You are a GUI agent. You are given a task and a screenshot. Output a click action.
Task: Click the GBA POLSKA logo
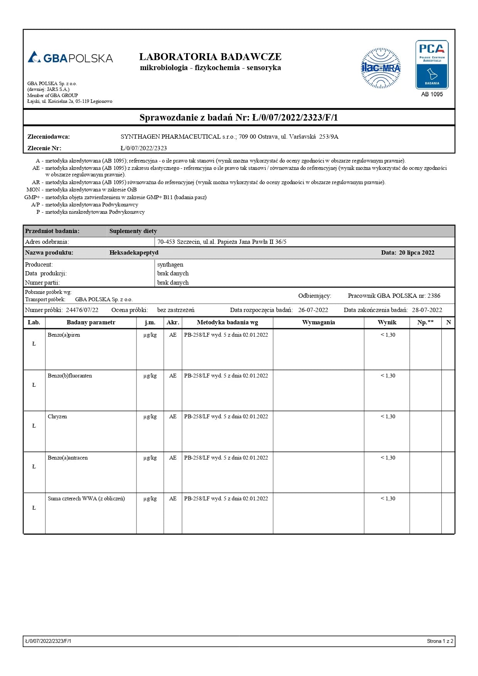pyautogui.click(x=70, y=58)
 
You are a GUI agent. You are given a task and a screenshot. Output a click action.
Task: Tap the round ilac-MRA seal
pyautogui.click(x=380, y=68)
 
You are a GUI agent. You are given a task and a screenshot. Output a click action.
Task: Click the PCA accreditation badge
pyautogui.click(x=432, y=64)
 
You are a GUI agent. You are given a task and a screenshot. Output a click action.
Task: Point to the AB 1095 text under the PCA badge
pyautogui.click(x=432, y=94)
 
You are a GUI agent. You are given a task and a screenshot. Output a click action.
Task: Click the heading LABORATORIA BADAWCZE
pyautogui.click(x=210, y=57)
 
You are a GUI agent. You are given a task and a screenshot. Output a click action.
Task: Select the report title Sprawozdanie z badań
pyautogui.click(x=239, y=117)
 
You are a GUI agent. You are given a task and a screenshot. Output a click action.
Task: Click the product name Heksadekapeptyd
pyautogui.click(x=134, y=253)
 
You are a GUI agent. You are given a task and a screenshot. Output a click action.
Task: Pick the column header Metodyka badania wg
pyautogui.click(x=227, y=322)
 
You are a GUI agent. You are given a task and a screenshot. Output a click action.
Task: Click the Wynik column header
pyautogui.click(x=387, y=322)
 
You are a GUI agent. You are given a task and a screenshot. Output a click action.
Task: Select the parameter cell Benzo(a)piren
pyautogui.click(x=64, y=335)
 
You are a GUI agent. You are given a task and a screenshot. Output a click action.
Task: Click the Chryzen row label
pyautogui.click(x=57, y=416)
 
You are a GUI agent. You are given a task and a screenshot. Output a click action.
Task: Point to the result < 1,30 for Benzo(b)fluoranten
pyautogui.click(x=388, y=376)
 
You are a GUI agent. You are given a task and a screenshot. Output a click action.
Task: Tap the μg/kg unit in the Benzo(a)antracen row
pyautogui.click(x=150, y=458)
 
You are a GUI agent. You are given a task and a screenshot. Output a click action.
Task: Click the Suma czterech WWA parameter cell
pyautogui.click(x=86, y=498)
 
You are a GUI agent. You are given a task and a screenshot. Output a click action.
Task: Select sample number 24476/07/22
pyautogui.click(x=82, y=310)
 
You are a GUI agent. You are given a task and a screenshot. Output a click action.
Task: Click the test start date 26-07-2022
pyautogui.click(x=313, y=310)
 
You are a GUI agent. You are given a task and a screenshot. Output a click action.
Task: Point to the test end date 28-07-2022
pyautogui.click(x=427, y=310)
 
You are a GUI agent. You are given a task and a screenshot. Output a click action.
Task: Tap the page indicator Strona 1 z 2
pyautogui.click(x=440, y=641)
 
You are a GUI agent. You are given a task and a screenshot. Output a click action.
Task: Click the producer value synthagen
pyautogui.click(x=170, y=265)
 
